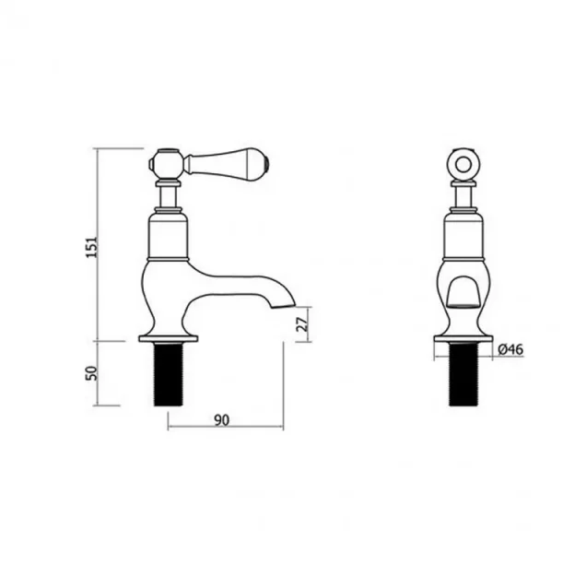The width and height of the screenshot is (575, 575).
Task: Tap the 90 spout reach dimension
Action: pyautogui.click(x=222, y=420)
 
